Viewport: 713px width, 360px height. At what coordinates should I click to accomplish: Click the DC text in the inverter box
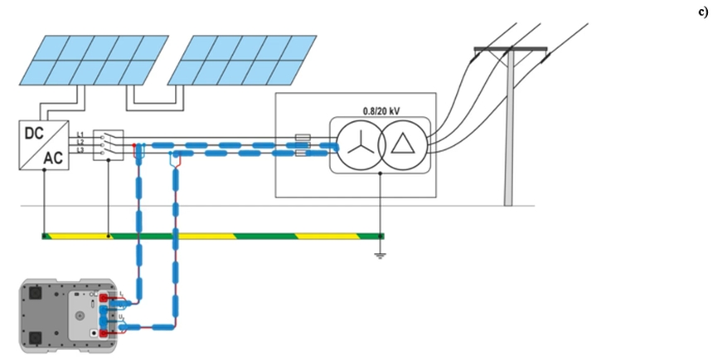tap(33, 134)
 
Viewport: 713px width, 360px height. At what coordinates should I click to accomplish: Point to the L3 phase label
tap(80, 149)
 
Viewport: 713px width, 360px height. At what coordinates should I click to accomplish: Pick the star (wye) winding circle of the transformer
tap(358, 144)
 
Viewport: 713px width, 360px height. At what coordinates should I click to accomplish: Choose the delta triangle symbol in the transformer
tap(403, 144)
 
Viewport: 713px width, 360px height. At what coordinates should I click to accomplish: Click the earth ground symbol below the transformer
tap(380, 254)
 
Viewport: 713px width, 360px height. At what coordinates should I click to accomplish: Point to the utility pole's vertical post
tap(509, 133)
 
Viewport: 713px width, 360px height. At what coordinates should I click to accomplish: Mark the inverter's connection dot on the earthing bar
tap(43, 236)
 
